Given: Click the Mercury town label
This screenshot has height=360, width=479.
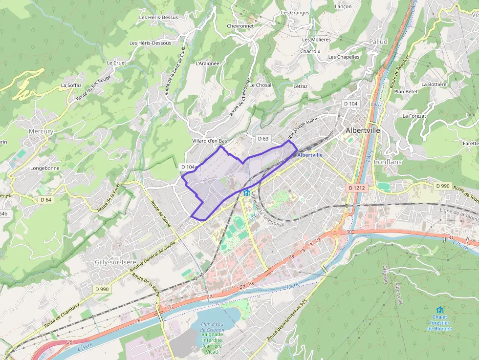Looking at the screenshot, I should (x=41, y=131).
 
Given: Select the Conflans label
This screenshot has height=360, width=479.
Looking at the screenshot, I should (x=387, y=162).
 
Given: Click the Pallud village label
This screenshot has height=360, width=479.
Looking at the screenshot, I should (x=378, y=42).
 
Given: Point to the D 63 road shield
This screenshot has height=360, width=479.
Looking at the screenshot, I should (x=263, y=139).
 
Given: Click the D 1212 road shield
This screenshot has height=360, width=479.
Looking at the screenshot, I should (x=357, y=188).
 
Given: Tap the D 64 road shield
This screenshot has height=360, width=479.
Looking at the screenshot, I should (x=46, y=199).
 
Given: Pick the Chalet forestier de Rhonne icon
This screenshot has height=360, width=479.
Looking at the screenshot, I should (x=439, y=310).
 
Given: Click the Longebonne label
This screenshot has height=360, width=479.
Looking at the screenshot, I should (x=45, y=168).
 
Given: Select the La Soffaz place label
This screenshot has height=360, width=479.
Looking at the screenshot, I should (x=71, y=85).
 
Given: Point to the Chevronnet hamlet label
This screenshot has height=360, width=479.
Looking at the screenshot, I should (x=240, y=26).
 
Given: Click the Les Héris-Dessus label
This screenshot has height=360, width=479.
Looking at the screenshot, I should (x=158, y=18).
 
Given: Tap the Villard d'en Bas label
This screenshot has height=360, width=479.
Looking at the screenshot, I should (x=210, y=141).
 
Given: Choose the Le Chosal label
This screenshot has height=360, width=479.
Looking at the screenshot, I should (x=260, y=85).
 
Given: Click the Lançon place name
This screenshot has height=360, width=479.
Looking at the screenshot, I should (x=343, y=7).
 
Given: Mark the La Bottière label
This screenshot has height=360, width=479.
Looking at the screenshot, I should (x=434, y=84).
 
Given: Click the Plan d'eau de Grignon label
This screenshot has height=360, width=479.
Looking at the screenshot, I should (x=212, y=327).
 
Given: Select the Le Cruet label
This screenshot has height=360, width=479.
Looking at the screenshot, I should (x=116, y=63).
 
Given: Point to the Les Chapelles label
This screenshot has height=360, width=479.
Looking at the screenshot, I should (x=344, y=57).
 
